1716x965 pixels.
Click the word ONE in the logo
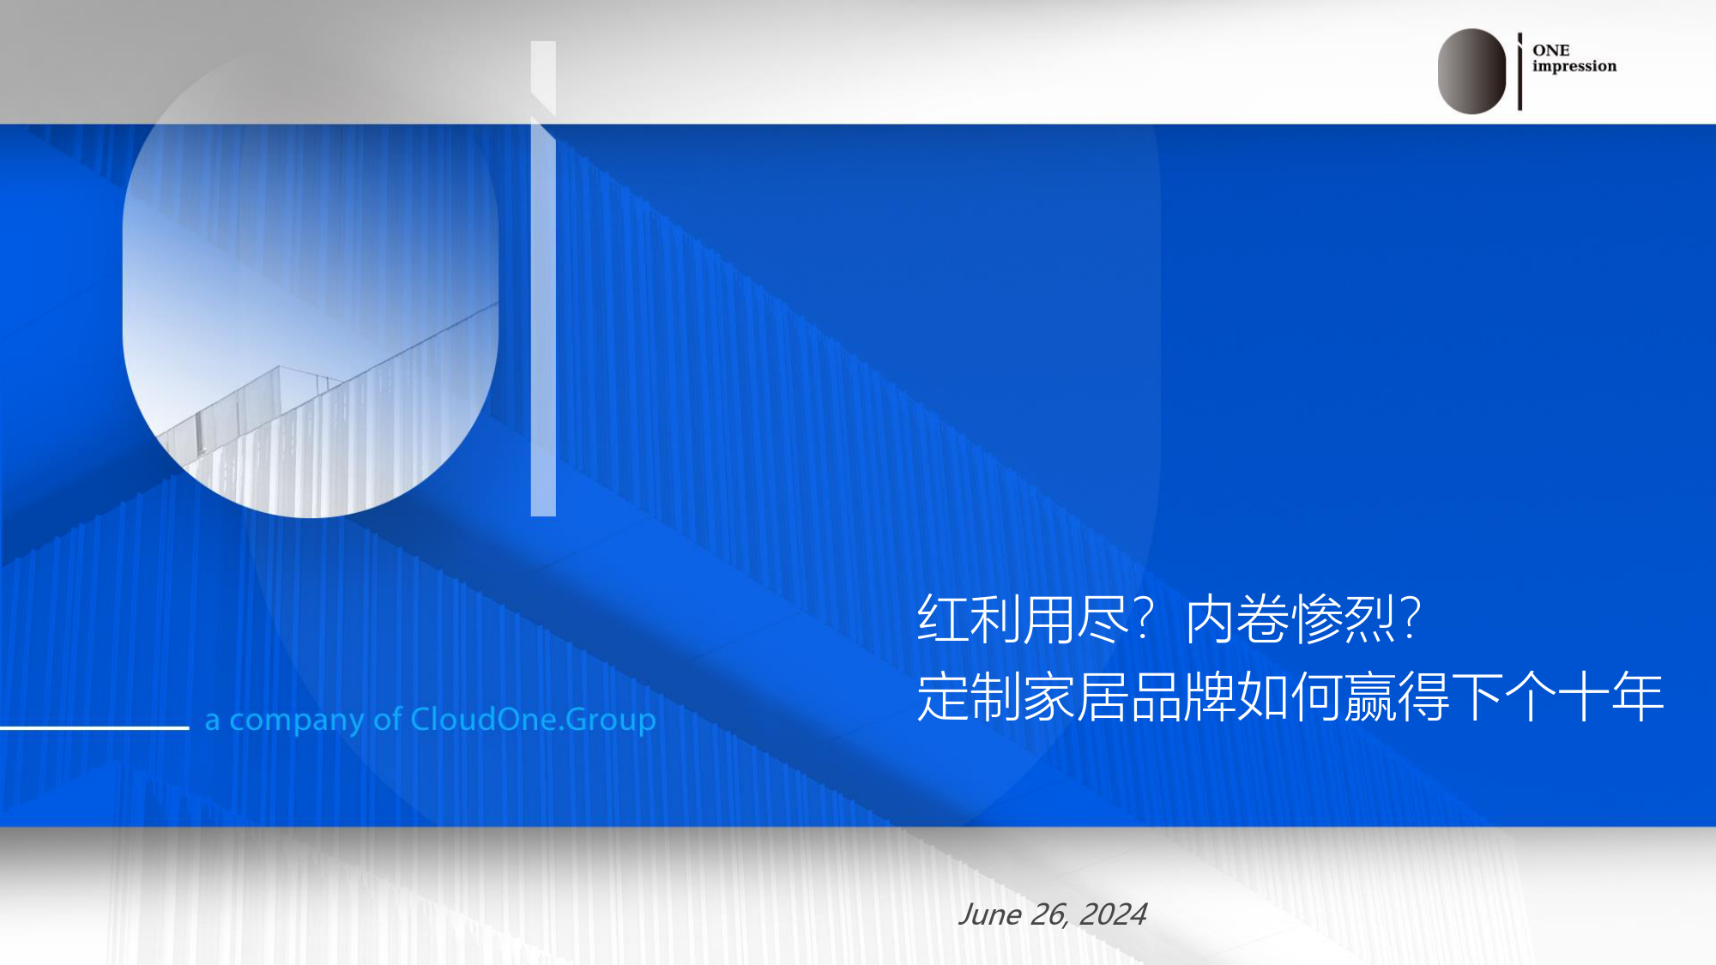point(1550,51)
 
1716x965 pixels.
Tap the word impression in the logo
point(1574,67)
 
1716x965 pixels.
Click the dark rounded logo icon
point(1471,71)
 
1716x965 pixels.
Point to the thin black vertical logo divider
point(1520,72)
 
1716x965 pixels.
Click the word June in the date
point(990,915)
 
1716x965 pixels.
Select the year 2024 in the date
point(1113,914)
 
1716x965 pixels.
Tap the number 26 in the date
point(1049,915)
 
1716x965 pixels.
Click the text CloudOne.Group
point(533,720)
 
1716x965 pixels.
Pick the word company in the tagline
point(297,721)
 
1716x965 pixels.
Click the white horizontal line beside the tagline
point(94,728)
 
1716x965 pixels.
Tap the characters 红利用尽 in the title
point(1023,619)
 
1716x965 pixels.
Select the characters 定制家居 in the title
point(1023,697)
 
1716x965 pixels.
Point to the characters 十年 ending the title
point(1610,697)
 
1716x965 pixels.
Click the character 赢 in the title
point(1370,697)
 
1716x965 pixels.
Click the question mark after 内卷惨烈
point(1410,618)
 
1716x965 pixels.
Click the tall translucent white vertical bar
point(543,279)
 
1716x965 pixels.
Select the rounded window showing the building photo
point(311,283)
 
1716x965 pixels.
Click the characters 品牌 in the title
point(1183,697)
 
